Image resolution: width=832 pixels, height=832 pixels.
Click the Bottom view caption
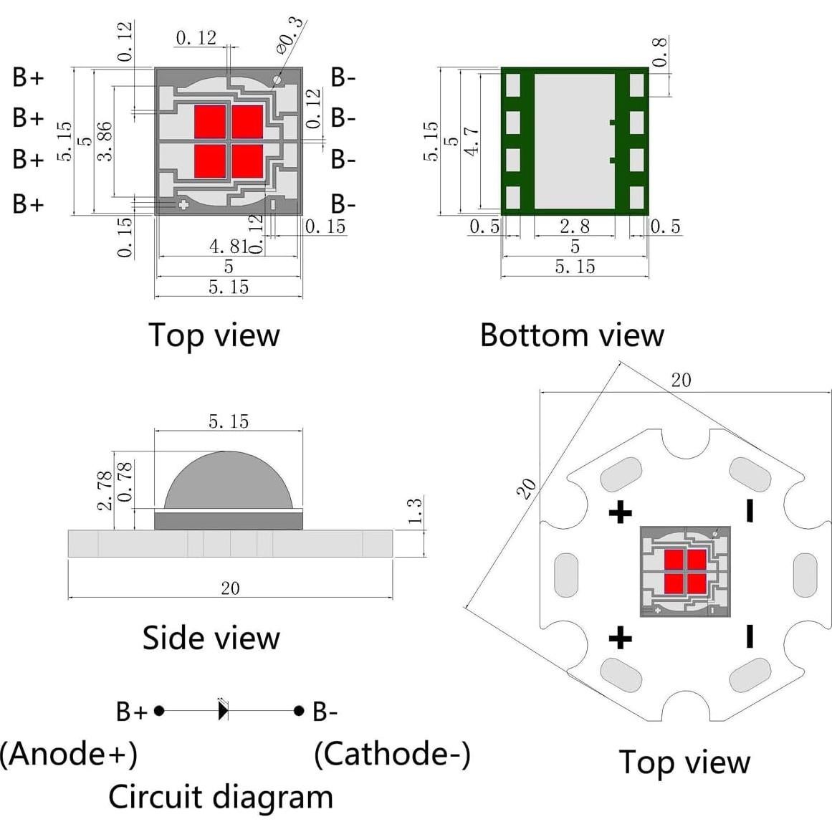point(571,335)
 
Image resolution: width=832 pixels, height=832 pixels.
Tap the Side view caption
point(211,638)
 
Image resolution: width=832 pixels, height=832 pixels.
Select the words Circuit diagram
point(220,797)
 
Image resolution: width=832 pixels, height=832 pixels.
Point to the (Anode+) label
point(69,754)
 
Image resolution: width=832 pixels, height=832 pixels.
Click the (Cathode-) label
point(392,754)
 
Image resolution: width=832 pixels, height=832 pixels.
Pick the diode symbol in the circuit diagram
point(223,710)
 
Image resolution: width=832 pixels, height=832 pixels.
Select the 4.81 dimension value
point(228,247)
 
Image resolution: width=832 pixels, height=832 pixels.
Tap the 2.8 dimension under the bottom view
point(575,226)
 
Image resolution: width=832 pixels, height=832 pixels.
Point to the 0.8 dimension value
point(659,52)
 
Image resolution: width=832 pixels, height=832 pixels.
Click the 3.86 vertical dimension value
point(105,140)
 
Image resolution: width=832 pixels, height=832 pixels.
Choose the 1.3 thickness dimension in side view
point(414,511)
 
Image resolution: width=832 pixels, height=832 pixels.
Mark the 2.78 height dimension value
point(105,490)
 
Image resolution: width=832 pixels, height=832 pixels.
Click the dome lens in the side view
point(229,480)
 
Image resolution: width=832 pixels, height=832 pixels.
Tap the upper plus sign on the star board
point(621,512)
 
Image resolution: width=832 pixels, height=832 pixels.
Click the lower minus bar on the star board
point(750,636)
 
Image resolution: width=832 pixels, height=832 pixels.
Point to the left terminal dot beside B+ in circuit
point(159,711)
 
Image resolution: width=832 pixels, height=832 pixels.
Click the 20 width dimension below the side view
point(230,588)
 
